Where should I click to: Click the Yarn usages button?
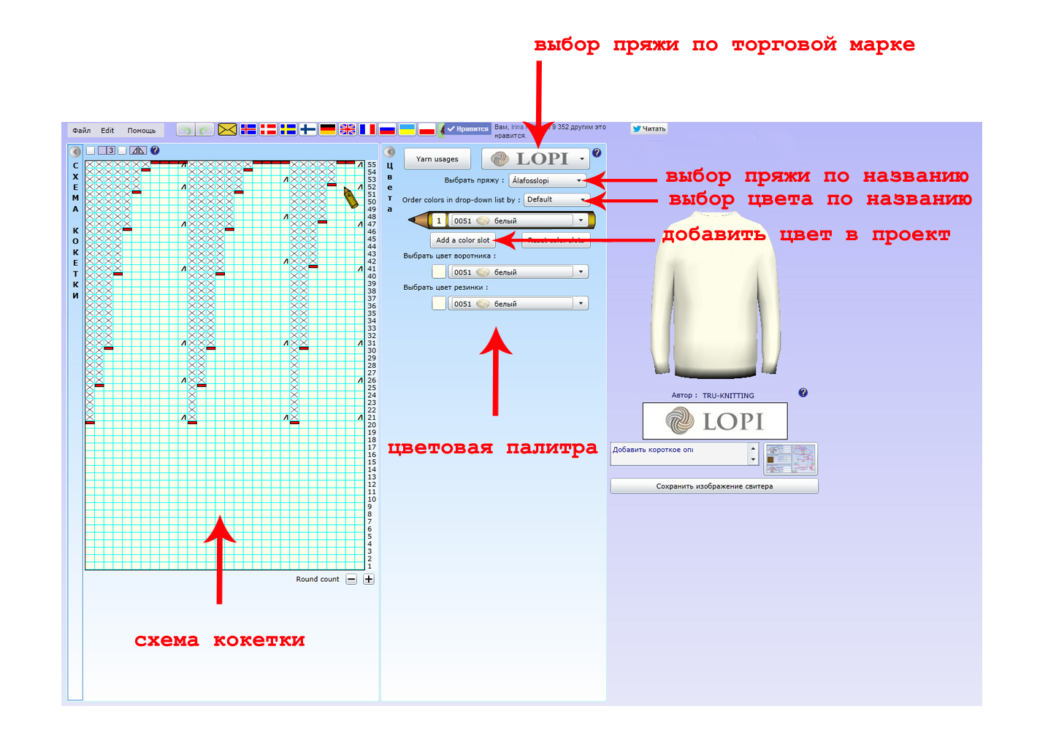point(437,159)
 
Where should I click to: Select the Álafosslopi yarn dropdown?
point(547,180)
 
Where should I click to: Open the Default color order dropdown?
point(556,199)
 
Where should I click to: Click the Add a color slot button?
point(462,240)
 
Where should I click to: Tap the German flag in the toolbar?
point(328,129)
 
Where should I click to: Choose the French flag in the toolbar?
point(367,129)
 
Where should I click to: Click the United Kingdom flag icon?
point(348,129)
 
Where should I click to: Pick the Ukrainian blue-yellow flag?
point(407,129)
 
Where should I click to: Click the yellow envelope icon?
point(227,129)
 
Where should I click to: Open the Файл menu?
point(82,131)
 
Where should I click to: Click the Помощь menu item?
point(142,131)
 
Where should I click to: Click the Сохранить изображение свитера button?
point(713,486)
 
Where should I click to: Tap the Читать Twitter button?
point(649,128)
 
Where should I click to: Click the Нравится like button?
point(468,129)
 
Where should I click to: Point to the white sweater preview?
point(715,296)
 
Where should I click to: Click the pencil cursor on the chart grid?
point(351,197)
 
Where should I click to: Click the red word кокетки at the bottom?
point(259,640)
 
